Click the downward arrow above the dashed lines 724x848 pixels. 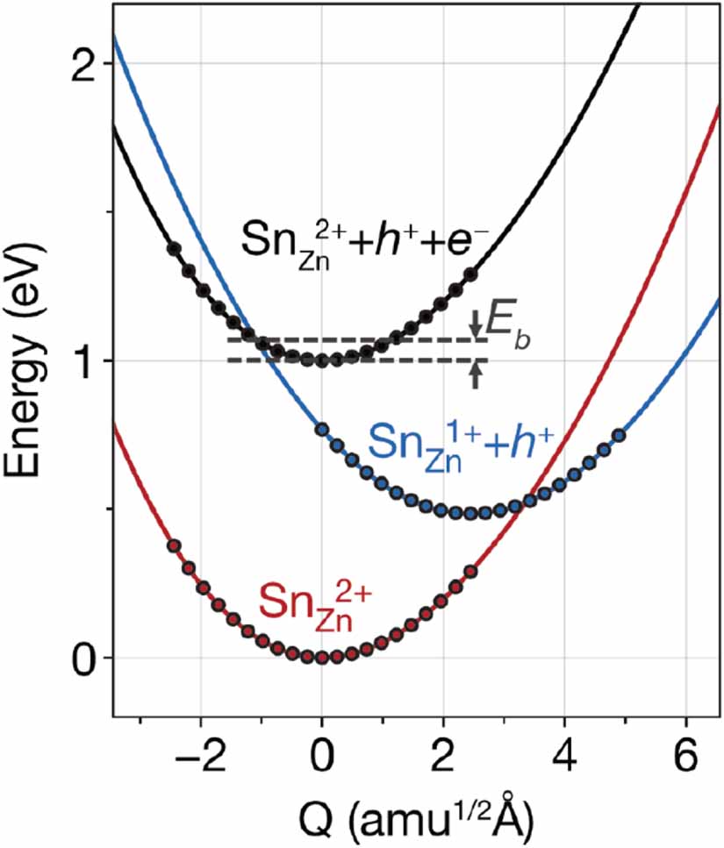(x=476, y=327)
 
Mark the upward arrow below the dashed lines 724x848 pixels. (x=476, y=374)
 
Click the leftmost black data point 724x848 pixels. (x=173, y=248)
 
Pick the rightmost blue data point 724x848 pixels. (x=618, y=435)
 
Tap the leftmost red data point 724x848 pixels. (x=173, y=545)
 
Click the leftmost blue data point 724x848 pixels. (x=321, y=430)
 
